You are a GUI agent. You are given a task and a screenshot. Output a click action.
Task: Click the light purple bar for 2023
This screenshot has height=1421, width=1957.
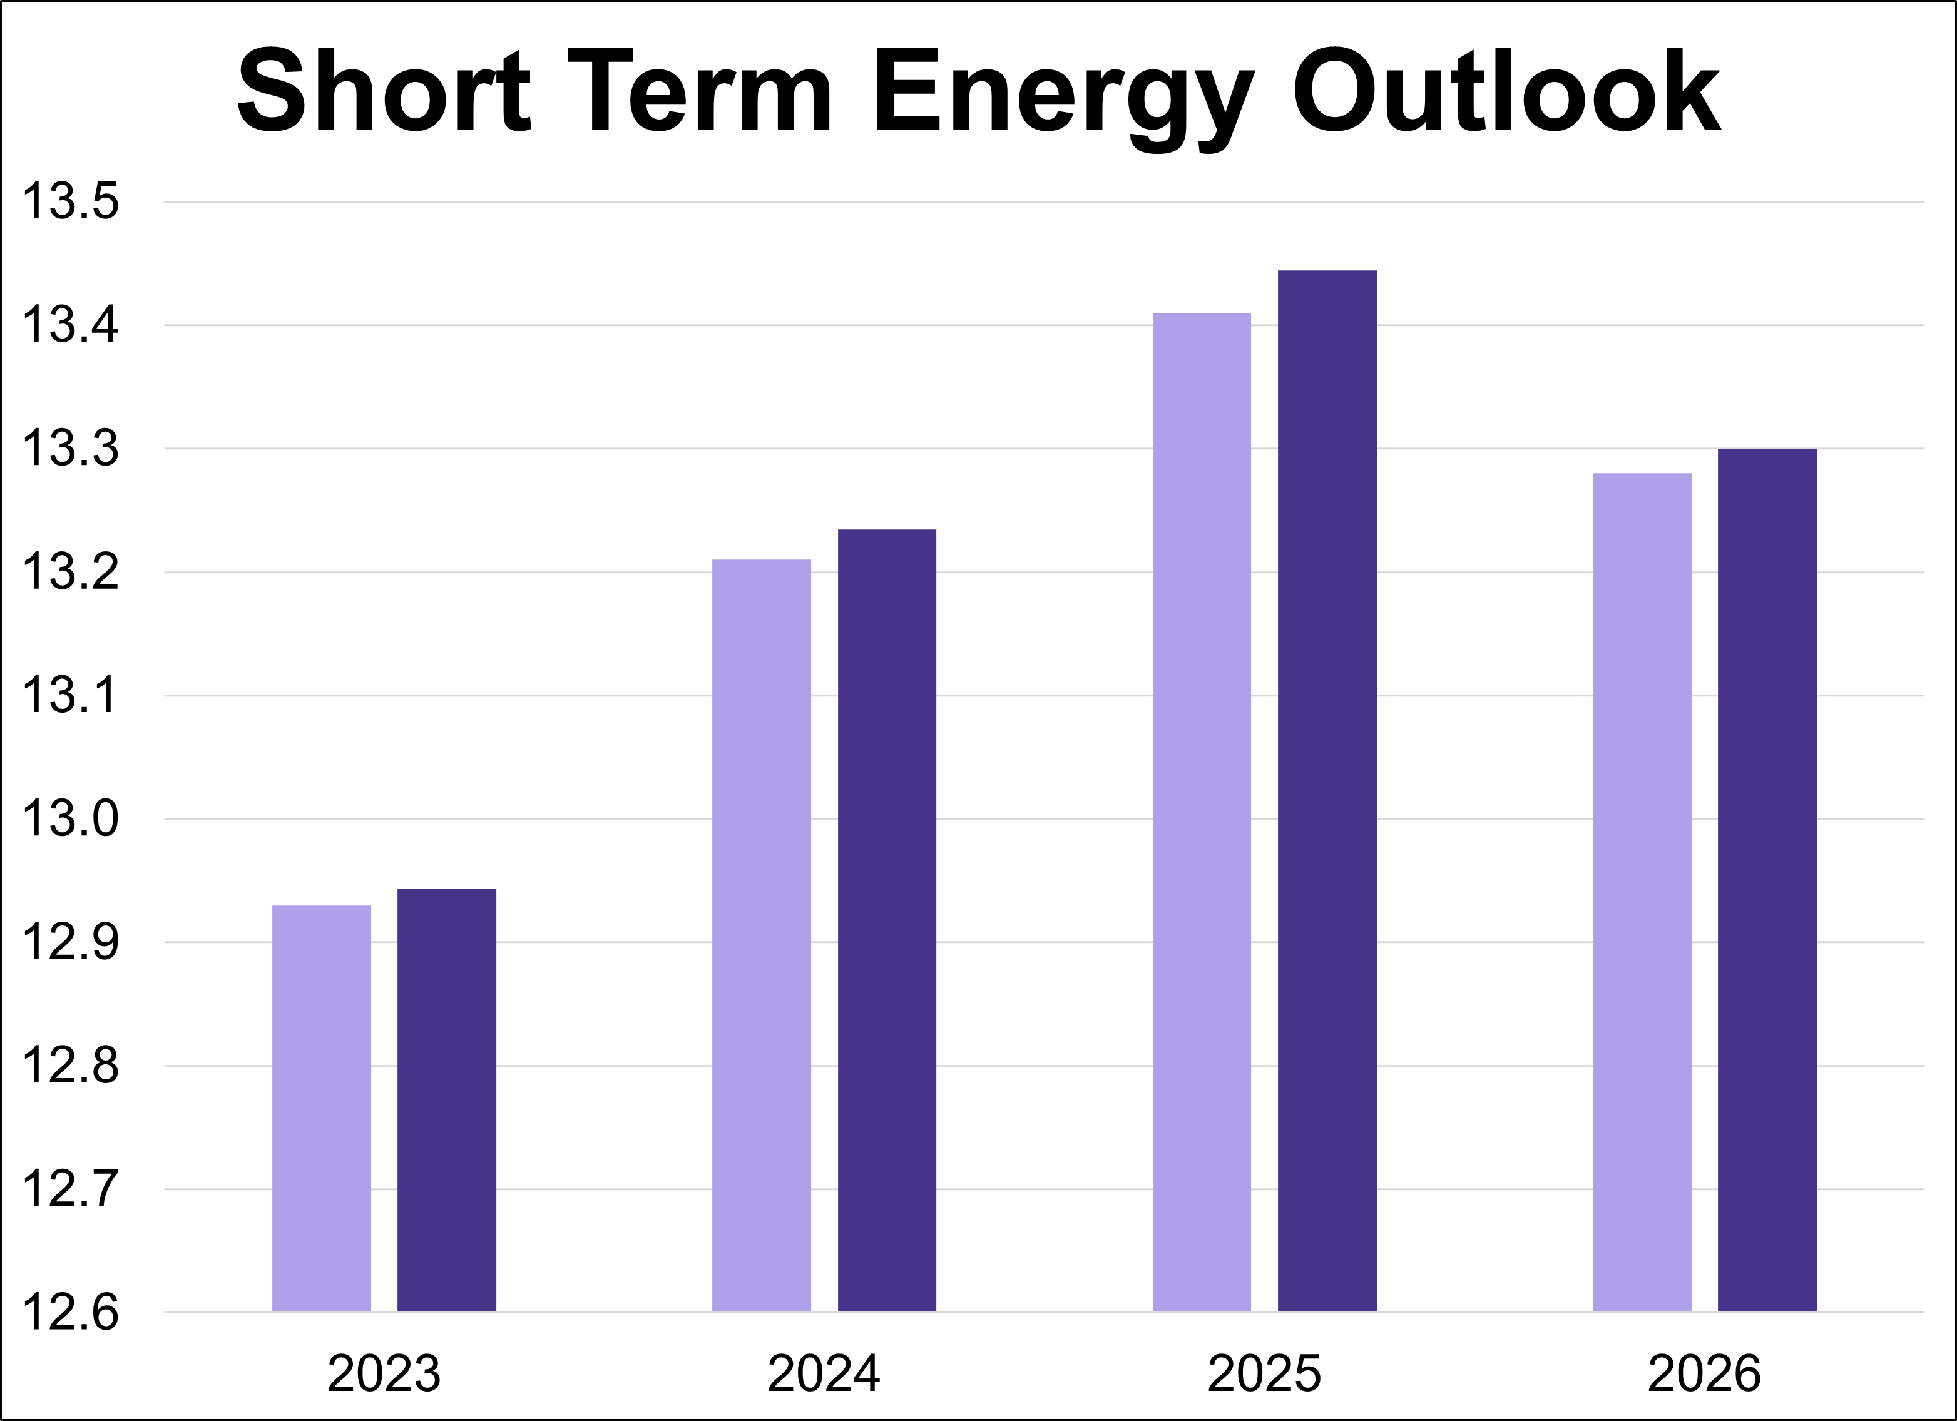321,1109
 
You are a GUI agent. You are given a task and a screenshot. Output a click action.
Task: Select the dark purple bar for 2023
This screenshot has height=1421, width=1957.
446,1100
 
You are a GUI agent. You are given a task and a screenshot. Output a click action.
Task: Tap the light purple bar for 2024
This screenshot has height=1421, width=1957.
761,936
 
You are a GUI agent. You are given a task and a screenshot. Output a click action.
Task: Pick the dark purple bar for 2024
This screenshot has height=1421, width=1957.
886,920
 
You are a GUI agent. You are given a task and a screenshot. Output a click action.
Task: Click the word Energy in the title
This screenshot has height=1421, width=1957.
1063,95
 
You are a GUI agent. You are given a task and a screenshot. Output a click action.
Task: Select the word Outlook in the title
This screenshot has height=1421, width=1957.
1506,91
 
